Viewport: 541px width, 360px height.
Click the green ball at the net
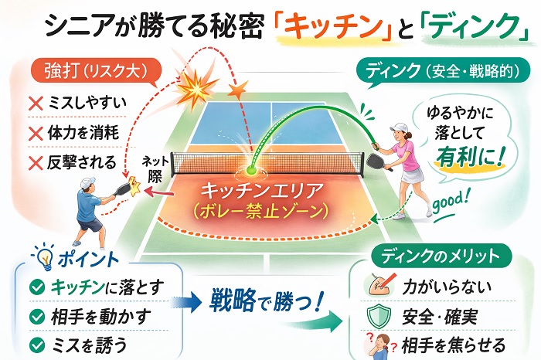[250, 170]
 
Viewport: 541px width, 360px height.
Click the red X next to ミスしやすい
[36, 103]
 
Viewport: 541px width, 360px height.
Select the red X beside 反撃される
[36, 163]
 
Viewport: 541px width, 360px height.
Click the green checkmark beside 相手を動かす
[37, 317]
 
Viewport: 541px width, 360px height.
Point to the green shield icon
[379, 316]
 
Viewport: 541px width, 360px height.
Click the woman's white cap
[400, 127]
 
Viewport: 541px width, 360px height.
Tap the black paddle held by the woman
[376, 161]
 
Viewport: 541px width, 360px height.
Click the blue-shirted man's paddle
[121, 189]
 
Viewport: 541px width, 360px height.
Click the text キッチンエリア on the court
[262, 190]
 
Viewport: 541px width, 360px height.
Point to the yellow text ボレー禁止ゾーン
[261, 212]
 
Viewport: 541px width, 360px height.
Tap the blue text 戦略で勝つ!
[267, 300]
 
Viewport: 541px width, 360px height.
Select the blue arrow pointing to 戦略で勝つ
[186, 302]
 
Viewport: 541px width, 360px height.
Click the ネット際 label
[155, 169]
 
